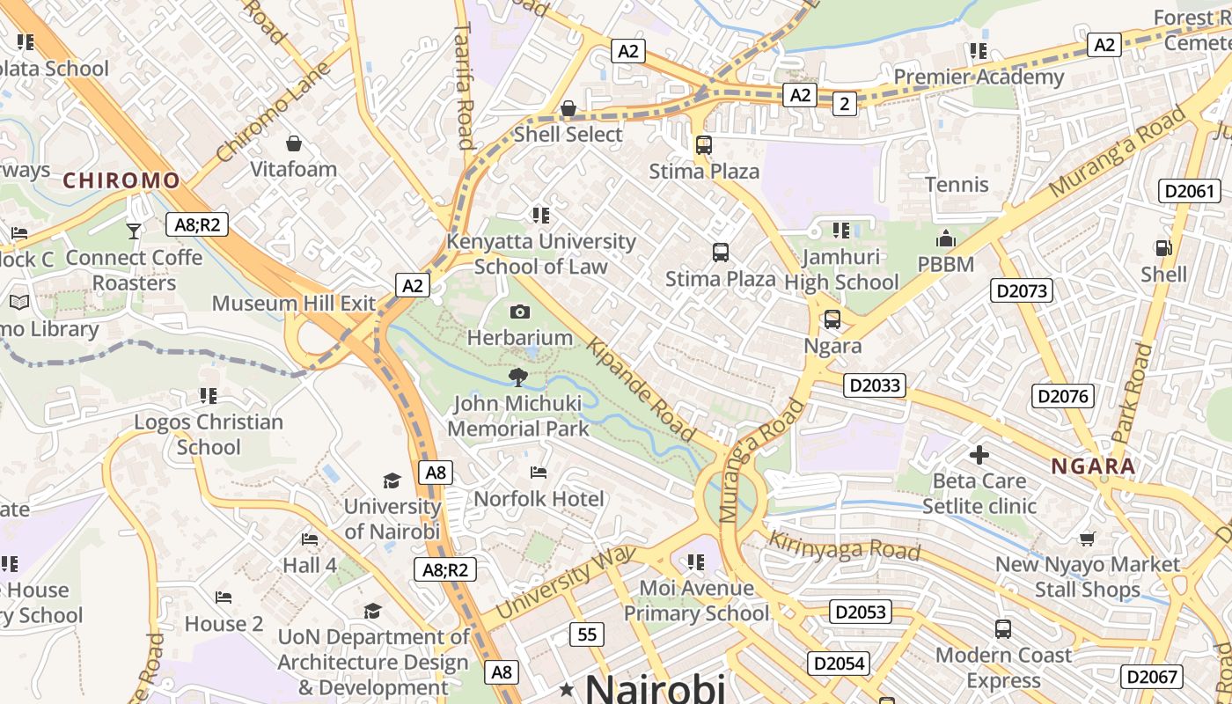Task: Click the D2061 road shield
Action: coord(1191,191)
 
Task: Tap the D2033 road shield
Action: coord(874,385)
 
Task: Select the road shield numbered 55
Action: coord(587,634)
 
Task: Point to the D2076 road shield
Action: coord(1063,396)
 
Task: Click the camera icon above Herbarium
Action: coord(520,312)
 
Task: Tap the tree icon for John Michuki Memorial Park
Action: coord(518,378)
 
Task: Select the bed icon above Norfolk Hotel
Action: coord(539,473)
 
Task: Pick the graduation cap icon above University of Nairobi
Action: coord(392,480)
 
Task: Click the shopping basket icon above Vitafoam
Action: coord(294,143)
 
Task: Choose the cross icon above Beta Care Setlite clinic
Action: coord(979,455)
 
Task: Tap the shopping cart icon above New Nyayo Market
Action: coord(1088,539)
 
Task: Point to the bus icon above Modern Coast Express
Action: coord(1002,629)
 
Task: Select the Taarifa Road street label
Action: coord(464,86)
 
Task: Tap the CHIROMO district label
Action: coord(121,181)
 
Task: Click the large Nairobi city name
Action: coord(655,688)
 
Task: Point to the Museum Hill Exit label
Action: coord(294,304)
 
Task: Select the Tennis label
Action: coord(957,185)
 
